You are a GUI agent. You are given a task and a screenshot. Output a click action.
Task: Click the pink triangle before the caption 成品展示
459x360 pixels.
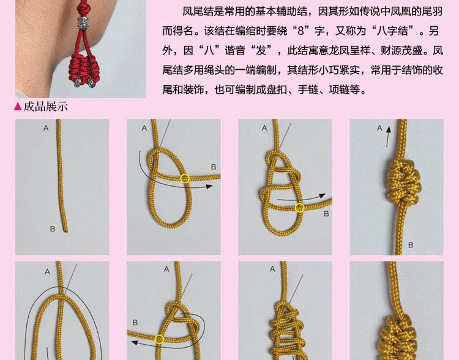point(18,107)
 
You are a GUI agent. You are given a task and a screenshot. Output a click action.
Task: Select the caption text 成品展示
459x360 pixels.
point(45,107)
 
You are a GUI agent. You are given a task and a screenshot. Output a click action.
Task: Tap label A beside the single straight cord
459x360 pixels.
point(46,128)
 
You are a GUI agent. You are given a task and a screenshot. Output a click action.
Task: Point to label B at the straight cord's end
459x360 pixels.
point(53,229)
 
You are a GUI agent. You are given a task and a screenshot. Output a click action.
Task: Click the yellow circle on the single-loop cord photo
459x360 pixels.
point(185,178)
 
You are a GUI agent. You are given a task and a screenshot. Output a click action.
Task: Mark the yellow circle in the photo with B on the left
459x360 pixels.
point(159,339)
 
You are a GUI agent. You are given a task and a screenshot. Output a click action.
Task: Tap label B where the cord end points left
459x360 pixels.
point(135,323)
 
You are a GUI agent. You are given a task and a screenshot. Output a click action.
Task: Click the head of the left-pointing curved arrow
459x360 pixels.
point(134,342)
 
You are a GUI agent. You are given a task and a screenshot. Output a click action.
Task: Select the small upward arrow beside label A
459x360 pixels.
point(388,137)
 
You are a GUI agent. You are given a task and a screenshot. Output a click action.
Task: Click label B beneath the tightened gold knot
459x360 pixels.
point(411,245)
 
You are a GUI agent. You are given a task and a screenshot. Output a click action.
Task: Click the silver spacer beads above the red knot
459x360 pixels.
point(83,23)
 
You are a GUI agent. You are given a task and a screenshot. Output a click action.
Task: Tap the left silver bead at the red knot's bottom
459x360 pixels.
point(76,83)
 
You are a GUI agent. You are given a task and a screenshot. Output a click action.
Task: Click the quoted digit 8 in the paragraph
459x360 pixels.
point(300,31)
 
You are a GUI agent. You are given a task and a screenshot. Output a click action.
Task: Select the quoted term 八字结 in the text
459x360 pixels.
point(392,31)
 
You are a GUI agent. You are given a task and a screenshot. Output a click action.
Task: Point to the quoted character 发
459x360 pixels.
point(261,51)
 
